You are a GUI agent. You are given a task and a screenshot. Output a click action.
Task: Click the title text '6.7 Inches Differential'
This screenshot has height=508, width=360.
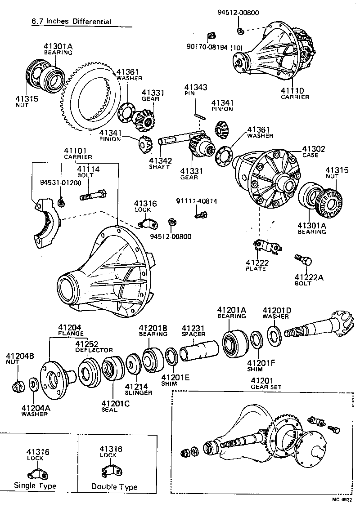71,22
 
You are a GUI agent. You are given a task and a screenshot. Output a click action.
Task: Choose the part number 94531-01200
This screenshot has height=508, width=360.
60,183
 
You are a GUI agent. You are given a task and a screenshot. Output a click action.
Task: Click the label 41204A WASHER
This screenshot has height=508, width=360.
34,410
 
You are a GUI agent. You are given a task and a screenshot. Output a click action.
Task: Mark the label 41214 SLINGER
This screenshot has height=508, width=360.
138,389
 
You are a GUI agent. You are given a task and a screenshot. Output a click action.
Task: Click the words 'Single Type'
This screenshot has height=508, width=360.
35,486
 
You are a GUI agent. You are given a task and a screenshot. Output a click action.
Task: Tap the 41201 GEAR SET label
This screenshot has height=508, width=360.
265,383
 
